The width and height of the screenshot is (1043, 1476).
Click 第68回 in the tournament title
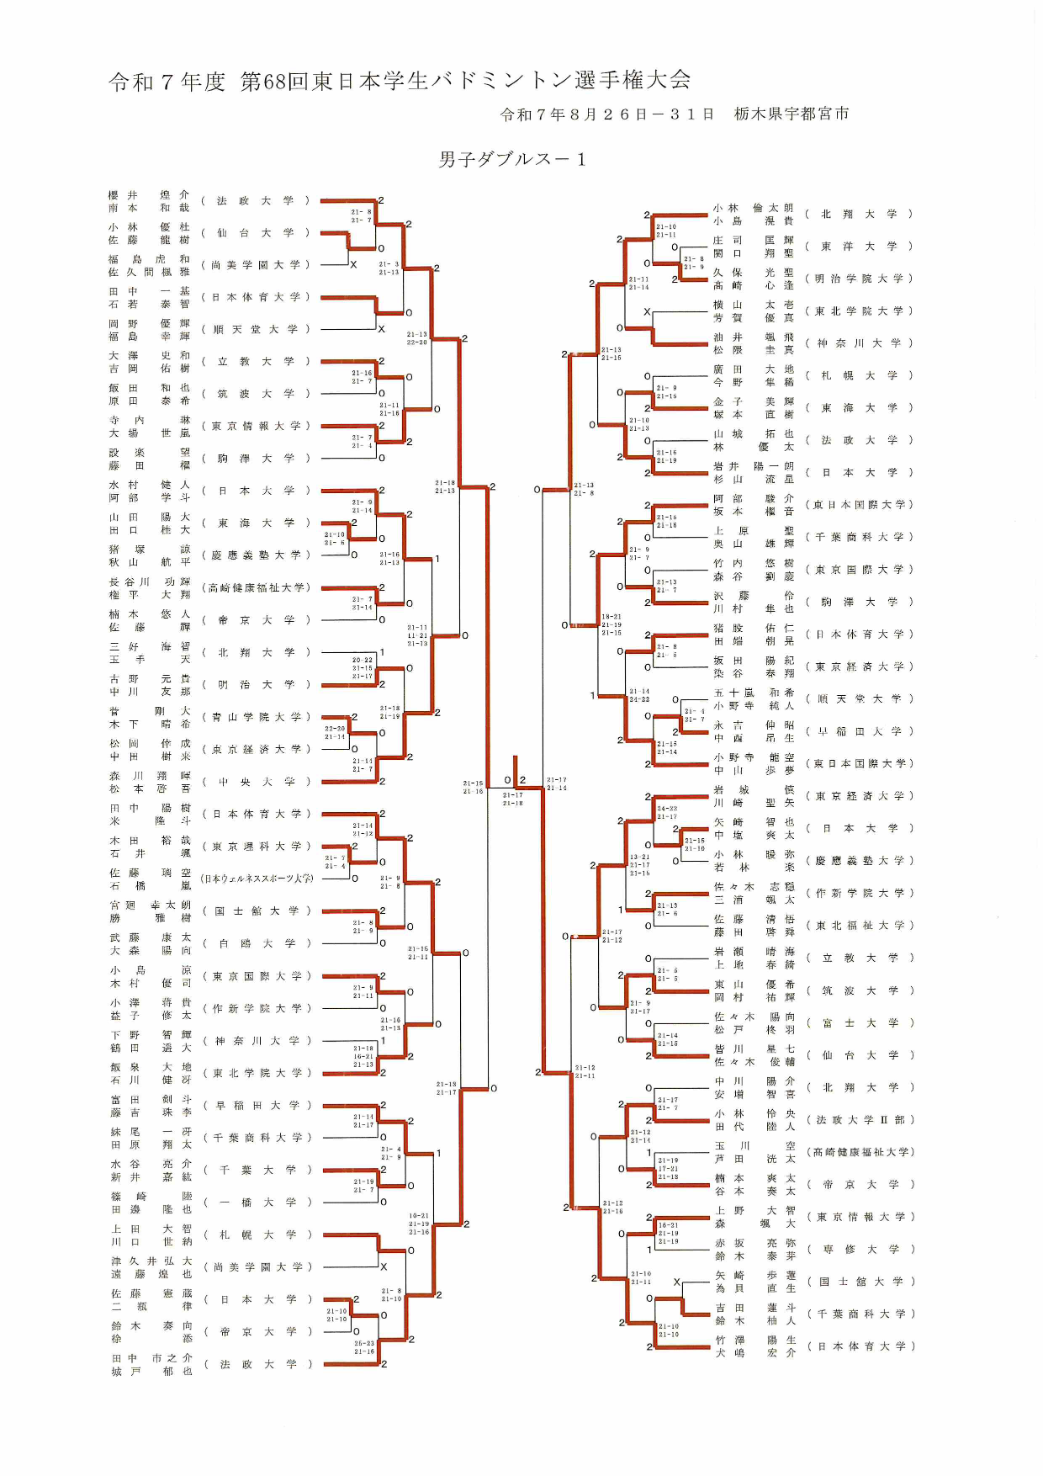274,81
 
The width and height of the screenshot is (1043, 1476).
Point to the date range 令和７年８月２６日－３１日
606,114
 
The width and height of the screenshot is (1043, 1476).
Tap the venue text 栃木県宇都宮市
792,114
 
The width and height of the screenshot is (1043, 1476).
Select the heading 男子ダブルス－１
511,159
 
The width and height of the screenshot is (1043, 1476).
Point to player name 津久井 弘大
151,1261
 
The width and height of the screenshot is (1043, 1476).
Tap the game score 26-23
364,1343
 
